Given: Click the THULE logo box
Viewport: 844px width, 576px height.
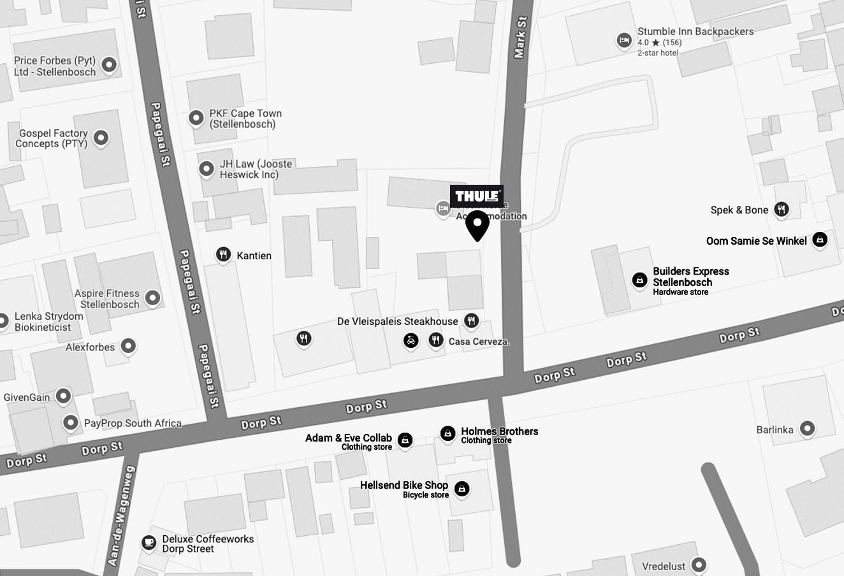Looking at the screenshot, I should (x=476, y=196).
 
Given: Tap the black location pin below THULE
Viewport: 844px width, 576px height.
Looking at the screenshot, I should (x=477, y=226).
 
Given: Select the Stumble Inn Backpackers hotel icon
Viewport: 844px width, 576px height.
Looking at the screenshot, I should (x=624, y=41).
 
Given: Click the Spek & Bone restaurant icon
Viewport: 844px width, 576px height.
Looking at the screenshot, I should (x=782, y=209).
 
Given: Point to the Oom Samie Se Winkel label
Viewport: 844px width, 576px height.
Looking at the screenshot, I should (x=756, y=241).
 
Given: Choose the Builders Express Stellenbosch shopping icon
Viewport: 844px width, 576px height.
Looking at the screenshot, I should (x=639, y=280).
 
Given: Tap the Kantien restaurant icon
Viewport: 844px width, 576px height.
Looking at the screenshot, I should (x=223, y=255).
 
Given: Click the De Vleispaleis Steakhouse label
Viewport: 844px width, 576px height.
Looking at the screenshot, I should (x=397, y=321).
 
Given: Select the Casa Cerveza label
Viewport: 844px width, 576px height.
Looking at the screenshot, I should (x=479, y=342).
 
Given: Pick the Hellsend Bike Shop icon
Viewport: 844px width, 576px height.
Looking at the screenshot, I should (x=462, y=489).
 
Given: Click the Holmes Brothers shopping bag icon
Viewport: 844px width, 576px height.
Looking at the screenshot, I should (x=448, y=434).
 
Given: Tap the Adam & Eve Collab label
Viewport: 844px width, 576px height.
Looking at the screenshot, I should (x=348, y=438).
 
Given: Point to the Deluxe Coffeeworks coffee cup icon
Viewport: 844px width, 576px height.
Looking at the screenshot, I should (x=149, y=542).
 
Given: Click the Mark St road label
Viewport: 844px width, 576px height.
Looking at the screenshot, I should (x=521, y=37).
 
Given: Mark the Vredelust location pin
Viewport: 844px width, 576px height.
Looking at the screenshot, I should (x=699, y=565).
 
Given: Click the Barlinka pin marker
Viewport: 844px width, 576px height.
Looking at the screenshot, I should (x=807, y=429).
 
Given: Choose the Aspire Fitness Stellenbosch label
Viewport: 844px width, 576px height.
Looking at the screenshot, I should (x=107, y=299).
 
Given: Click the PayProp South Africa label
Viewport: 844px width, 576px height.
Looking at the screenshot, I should (x=133, y=423).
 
